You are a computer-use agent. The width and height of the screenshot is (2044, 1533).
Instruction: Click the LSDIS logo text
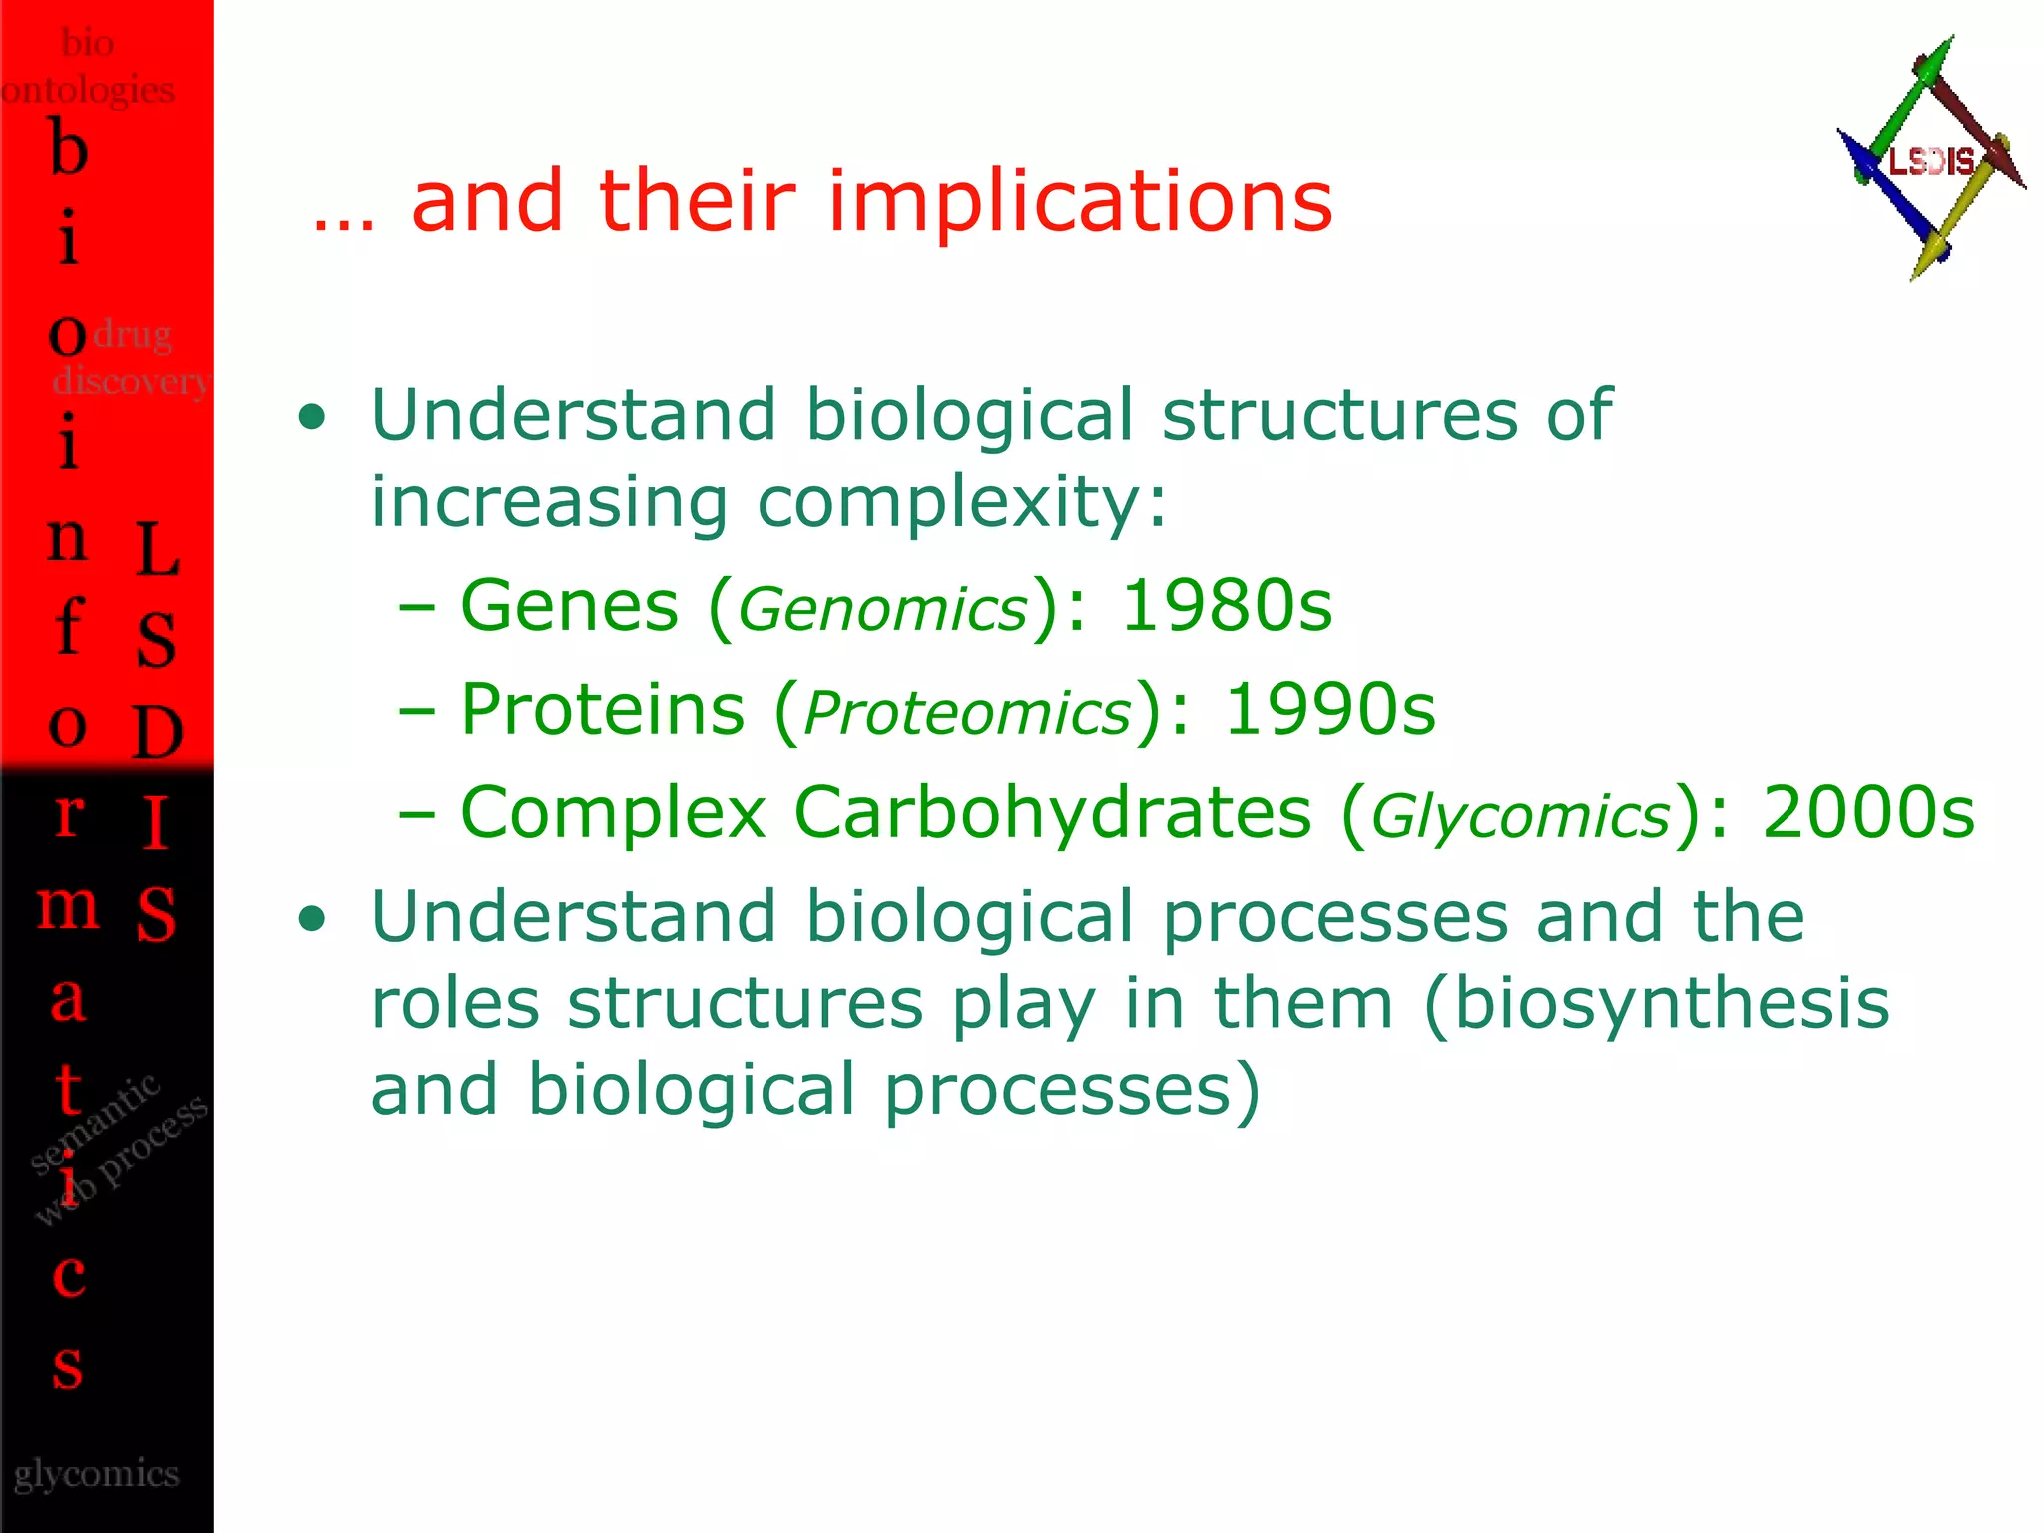pos(1931,161)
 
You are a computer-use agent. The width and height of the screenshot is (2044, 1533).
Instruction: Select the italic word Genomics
pos(883,610)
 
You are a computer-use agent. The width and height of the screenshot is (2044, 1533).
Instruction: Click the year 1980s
pos(1227,606)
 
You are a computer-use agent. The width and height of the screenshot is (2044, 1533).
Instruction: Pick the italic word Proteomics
pos(967,714)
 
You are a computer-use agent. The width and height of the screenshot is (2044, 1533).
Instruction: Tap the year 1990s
pos(1329,710)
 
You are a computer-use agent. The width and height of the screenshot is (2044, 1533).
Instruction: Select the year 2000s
pos(1868,812)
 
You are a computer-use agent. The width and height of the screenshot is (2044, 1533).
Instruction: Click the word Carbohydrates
pos(1052,812)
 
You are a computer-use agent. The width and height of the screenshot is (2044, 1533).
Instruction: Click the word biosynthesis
pos(1671,1003)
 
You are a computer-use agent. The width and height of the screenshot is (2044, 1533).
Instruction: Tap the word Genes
pos(569,606)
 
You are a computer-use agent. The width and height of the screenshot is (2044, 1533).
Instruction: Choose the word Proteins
pos(602,710)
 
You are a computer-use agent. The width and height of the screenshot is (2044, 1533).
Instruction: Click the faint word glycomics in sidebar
pos(96,1474)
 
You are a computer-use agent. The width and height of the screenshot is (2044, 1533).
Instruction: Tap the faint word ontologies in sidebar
pos(88,90)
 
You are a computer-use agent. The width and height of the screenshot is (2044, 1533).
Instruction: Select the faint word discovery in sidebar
pos(130,381)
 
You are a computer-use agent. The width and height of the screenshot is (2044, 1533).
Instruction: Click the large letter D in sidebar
pos(158,732)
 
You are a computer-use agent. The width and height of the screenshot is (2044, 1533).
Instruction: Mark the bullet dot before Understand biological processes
pos(312,919)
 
